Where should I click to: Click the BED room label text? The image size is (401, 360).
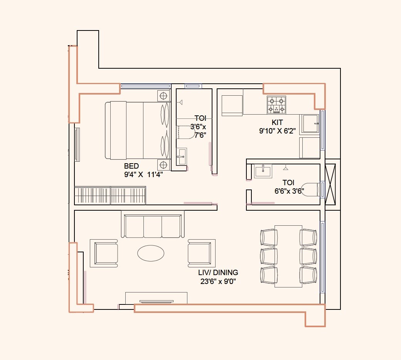pyautogui.click(x=131, y=166)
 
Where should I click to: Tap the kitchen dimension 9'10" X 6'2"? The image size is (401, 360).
pyautogui.click(x=277, y=130)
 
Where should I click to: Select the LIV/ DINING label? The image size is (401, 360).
pyautogui.click(x=219, y=273)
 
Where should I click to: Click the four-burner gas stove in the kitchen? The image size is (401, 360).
pyautogui.click(x=276, y=105)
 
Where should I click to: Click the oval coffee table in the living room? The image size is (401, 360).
pyautogui.click(x=151, y=253)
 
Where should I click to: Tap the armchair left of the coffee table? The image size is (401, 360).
pyautogui.click(x=104, y=253)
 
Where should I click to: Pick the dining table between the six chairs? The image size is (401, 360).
pyautogui.click(x=288, y=256)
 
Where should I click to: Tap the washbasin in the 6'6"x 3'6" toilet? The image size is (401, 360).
pyautogui.click(x=263, y=171)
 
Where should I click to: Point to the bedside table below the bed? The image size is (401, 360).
pyautogui.click(x=163, y=165)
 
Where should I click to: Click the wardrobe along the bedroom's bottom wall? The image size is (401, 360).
pyautogui.click(x=110, y=195)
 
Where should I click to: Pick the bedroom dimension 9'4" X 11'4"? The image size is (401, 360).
pyautogui.click(x=143, y=174)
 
